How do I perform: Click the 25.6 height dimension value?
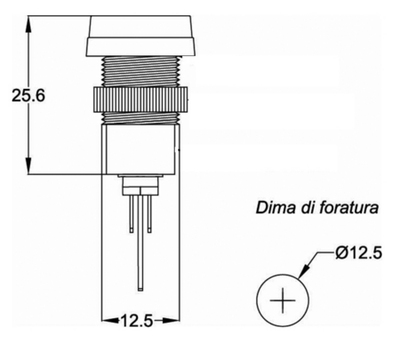(28, 96)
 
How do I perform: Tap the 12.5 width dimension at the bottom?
(137, 321)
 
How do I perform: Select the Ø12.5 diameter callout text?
(359, 252)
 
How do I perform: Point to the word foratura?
(349, 207)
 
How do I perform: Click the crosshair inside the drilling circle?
(283, 300)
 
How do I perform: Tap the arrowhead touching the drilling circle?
(305, 270)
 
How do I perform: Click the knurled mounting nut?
(140, 100)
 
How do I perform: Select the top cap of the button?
(140, 36)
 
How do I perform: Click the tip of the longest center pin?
(140, 291)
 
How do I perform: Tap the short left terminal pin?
(132, 213)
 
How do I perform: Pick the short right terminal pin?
(149, 213)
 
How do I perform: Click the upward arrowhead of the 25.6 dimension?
(28, 24)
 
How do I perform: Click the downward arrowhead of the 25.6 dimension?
(28, 166)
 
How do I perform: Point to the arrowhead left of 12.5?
(110, 320)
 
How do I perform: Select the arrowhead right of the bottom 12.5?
(171, 320)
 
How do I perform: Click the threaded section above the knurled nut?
(140, 71)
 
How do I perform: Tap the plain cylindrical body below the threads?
(140, 149)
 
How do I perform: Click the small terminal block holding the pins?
(140, 185)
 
